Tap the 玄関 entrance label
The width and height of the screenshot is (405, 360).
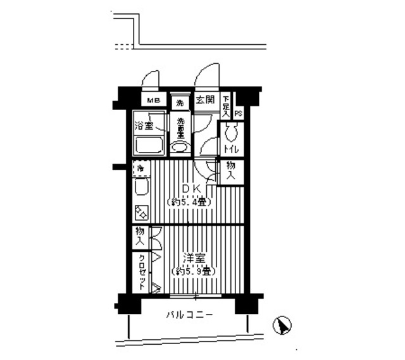(204, 100)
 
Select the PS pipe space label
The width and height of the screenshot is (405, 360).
(239, 113)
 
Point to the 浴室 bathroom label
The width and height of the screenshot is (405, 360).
(144, 125)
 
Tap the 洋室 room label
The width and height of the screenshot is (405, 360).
(192, 258)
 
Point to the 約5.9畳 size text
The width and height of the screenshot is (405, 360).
(192, 271)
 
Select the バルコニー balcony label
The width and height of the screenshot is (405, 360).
(190, 314)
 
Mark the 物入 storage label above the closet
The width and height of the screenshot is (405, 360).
(139, 237)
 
